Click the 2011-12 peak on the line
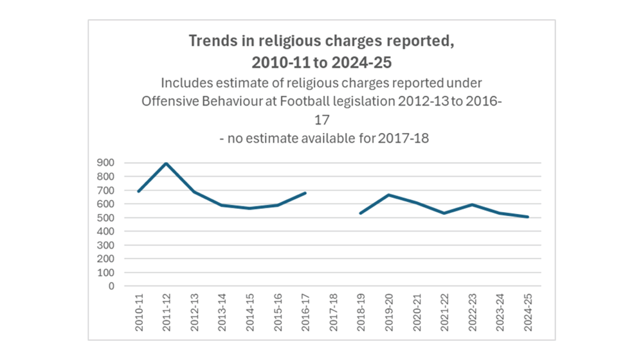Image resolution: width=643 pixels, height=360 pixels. click(x=167, y=163)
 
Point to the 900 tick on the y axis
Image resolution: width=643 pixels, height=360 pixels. click(x=106, y=163)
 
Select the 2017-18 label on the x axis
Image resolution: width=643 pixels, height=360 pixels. click(x=333, y=313)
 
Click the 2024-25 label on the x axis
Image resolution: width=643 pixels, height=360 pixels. click(x=527, y=313)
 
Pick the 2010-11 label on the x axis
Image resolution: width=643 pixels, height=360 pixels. click(x=139, y=313)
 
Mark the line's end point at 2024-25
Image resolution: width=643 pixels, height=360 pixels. click(x=527, y=217)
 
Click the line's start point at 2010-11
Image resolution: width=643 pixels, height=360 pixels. click(x=139, y=191)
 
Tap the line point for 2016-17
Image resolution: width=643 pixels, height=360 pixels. click(x=305, y=193)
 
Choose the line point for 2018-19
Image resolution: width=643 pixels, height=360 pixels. click(x=361, y=213)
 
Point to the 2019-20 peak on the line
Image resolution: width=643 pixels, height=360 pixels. click(x=388, y=195)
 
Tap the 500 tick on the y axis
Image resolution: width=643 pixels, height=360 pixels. click(x=106, y=218)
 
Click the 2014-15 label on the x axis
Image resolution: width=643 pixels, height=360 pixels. click(x=250, y=313)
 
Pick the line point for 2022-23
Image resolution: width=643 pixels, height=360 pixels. click(x=471, y=204)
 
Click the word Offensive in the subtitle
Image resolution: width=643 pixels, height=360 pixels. click(x=166, y=102)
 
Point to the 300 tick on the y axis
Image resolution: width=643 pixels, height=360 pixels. click(x=106, y=245)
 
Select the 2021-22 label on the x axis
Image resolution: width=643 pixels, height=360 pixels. click(x=444, y=313)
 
